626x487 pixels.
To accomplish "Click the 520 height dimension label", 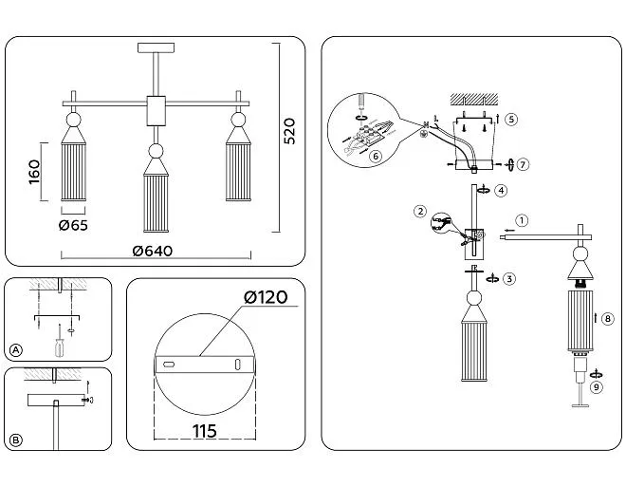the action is click(289, 131).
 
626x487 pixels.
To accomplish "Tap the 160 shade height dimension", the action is click(35, 172).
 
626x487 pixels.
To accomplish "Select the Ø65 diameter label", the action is click(73, 226).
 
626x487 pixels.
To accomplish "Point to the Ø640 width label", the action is click(153, 251).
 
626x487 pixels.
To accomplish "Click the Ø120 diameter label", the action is click(266, 297).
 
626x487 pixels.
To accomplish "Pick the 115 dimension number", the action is click(205, 431).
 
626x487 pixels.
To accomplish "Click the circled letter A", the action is click(15, 350).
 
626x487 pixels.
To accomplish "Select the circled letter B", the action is click(15, 440).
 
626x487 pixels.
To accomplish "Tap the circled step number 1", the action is click(522, 220).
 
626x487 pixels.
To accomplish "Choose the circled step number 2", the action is click(420, 212).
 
